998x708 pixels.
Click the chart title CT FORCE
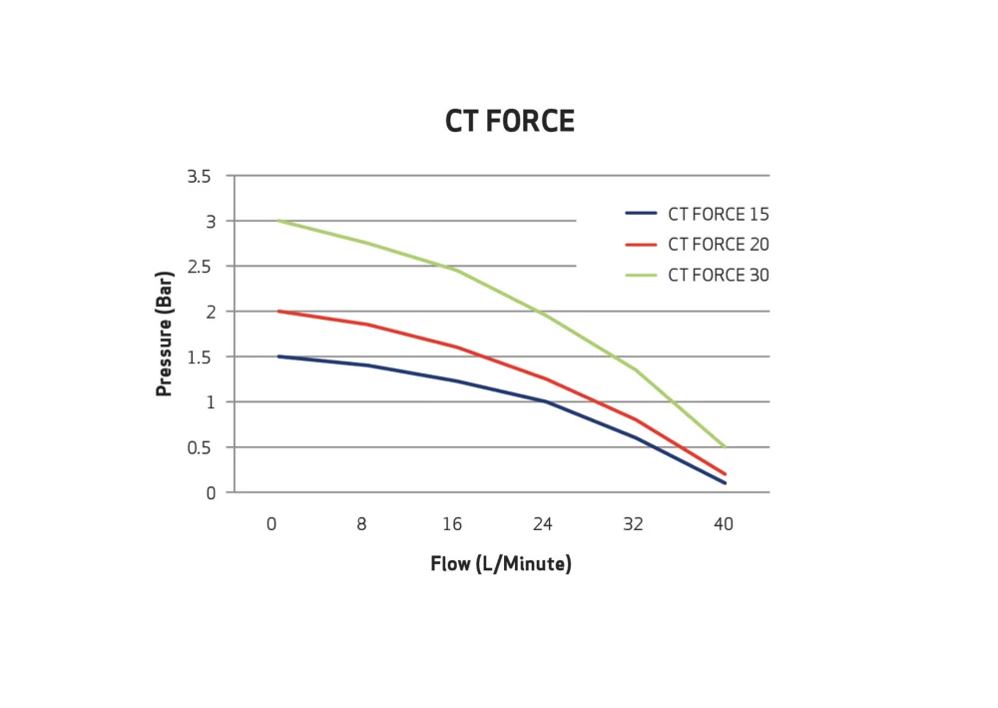click(x=509, y=122)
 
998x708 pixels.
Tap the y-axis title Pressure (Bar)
click(x=165, y=331)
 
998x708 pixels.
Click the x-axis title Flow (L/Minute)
click(x=500, y=564)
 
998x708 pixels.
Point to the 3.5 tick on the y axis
click(x=199, y=177)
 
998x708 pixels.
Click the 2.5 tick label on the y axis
click(x=199, y=267)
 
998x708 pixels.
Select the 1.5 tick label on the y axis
click(x=199, y=356)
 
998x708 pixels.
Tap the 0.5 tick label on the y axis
click(x=199, y=447)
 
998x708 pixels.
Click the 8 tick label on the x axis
click(x=361, y=524)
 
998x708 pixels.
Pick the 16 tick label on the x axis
click(x=452, y=524)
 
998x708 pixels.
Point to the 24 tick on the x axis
click(x=543, y=524)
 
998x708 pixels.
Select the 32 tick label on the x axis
click(x=634, y=524)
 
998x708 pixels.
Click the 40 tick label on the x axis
click(x=724, y=524)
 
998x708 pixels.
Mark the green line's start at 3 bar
click(x=277, y=221)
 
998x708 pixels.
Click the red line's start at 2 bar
click(x=277, y=311)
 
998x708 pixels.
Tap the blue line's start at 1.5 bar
click(x=277, y=356)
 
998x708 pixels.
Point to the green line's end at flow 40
click(x=725, y=446)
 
